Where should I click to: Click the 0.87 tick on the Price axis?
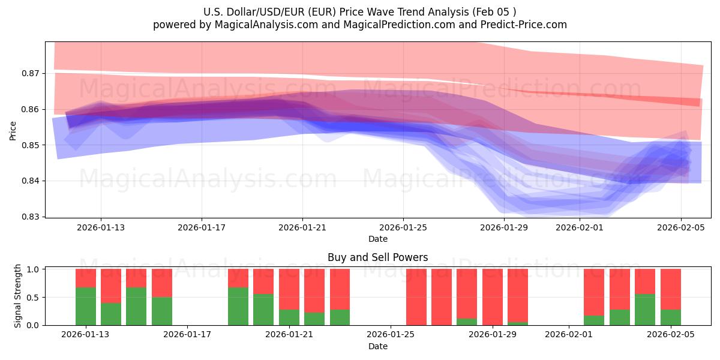[x=30, y=73]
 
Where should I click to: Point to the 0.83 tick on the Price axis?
[x=30, y=217]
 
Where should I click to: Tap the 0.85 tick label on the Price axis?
[x=30, y=145]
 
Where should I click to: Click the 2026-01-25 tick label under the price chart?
[x=403, y=227]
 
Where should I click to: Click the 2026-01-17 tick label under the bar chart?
[x=188, y=335]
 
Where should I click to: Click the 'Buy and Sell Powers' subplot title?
[x=377, y=257]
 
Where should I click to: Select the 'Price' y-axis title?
[x=13, y=130]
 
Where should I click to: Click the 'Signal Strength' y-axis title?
[x=18, y=296]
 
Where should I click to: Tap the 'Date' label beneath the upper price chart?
[x=377, y=239]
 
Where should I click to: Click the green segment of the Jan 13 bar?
[x=86, y=306]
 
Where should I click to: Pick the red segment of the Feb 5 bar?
[x=670, y=289]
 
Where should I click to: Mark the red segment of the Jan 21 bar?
[x=289, y=289]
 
